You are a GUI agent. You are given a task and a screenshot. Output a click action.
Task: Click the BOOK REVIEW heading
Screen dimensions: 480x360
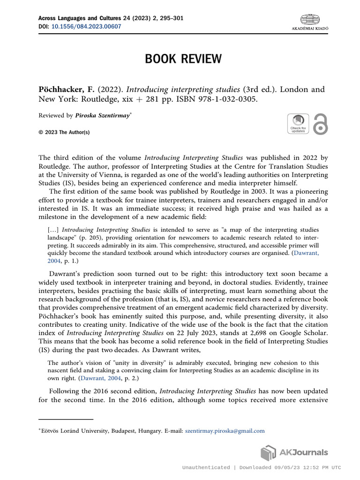pyautogui.click(x=183, y=59)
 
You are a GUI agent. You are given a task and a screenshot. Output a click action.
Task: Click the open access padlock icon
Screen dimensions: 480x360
pyautogui.click(x=320, y=124)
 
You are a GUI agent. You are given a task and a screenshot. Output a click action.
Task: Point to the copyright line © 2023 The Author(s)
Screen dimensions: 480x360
pyautogui.click(x=64, y=132)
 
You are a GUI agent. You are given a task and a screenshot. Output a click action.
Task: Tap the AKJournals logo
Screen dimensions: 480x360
pyautogui.click(x=294, y=453)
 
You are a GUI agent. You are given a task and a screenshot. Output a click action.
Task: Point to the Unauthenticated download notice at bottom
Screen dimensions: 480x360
pyautogui.click(x=261, y=467)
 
